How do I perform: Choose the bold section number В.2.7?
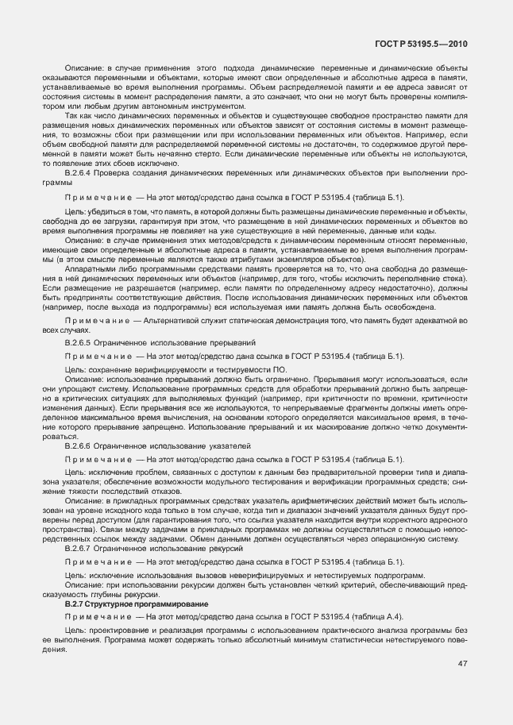click(77, 604)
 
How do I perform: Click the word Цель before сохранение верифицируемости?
click(75, 369)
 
